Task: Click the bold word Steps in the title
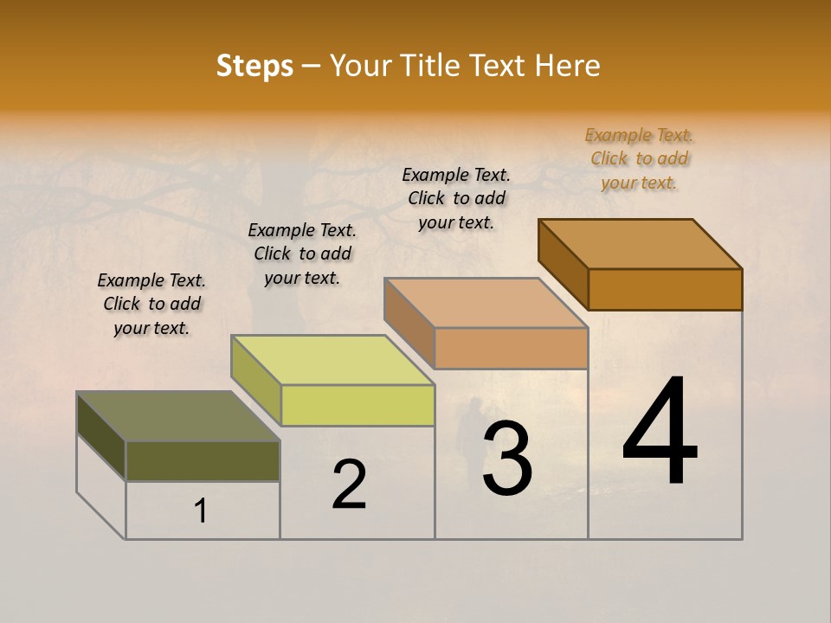[x=254, y=66]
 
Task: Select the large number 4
[x=660, y=432]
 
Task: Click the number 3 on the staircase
[x=506, y=458]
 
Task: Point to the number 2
[x=349, y=484]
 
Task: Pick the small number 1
[x=201, y=511]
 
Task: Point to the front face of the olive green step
[x=203, y=460]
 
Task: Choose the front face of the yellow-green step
[x=358, y=405]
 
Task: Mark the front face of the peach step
[x=511, y=348]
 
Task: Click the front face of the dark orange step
[x=665, y=289]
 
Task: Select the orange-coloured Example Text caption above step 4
[x=639, y=158]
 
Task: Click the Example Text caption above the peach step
[x=456, y=198]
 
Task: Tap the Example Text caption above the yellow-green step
[x=302, y=254]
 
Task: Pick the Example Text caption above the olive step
[x=151, y=304]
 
